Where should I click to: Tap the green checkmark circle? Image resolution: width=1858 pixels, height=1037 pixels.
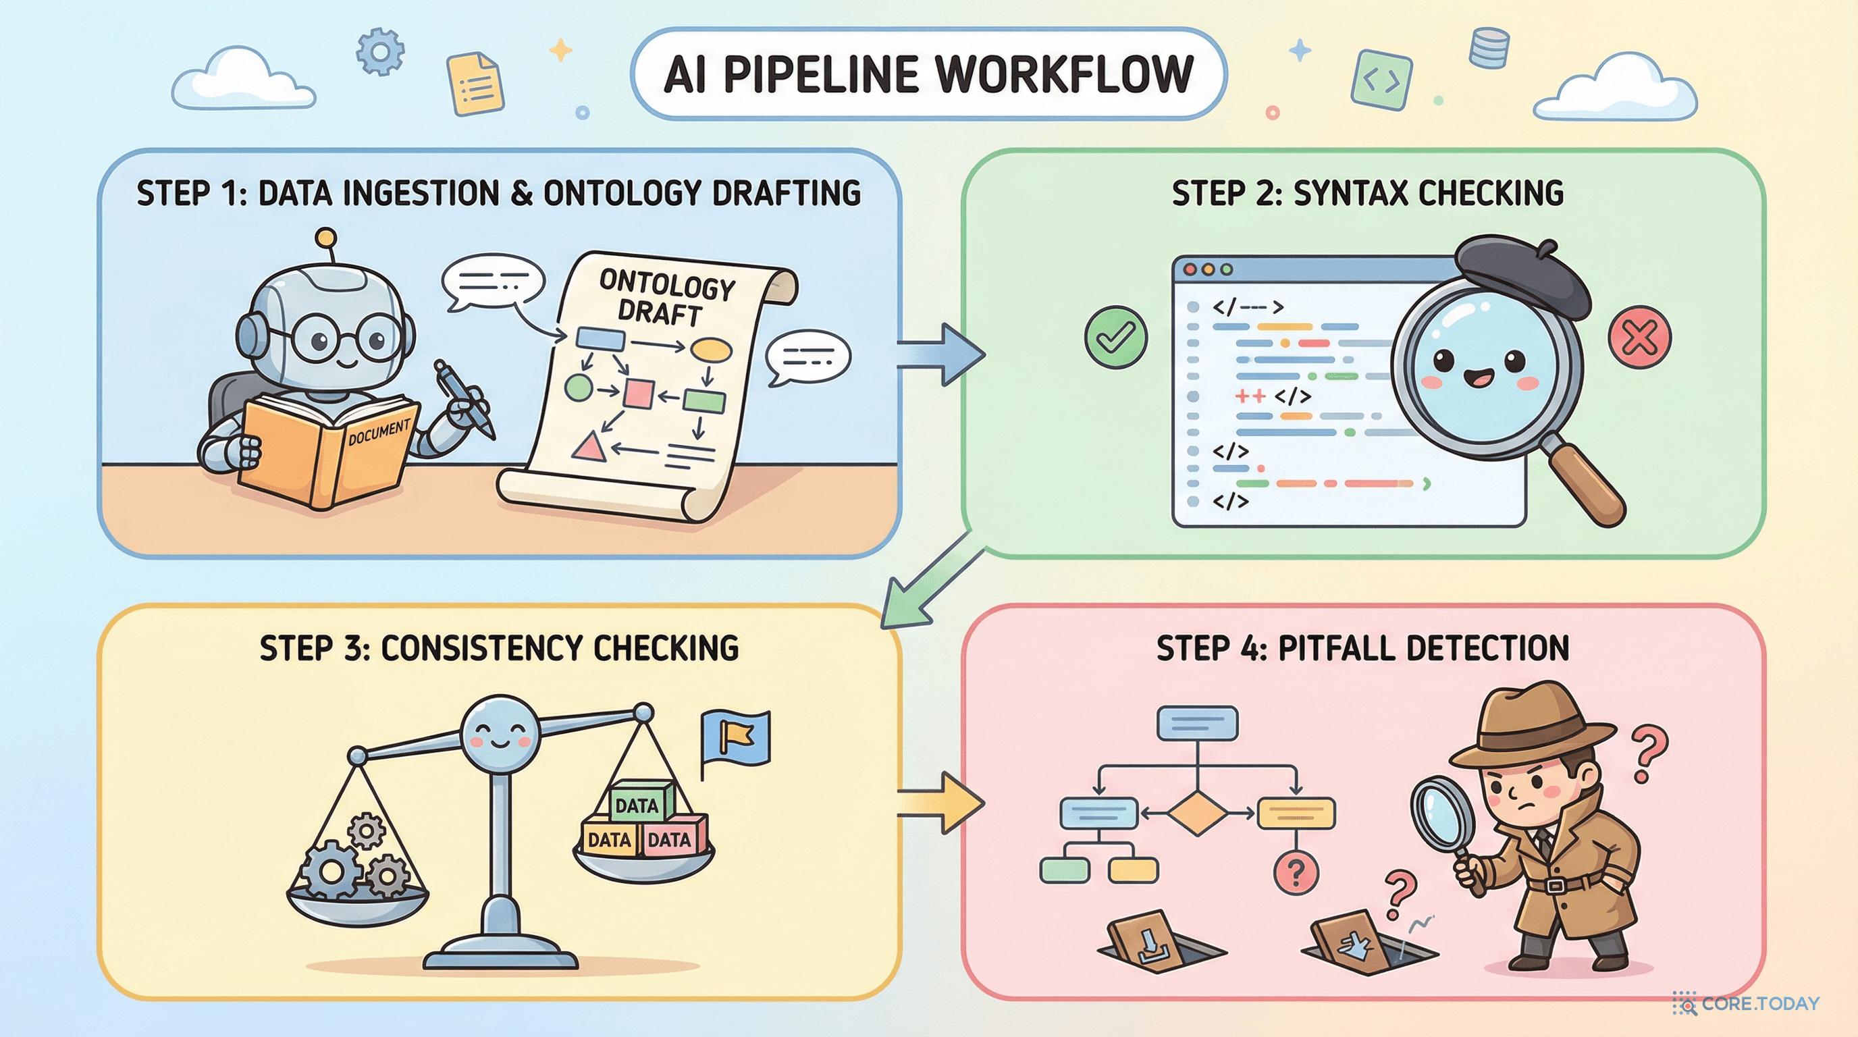1116,338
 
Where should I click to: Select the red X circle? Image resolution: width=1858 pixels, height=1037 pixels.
1639,338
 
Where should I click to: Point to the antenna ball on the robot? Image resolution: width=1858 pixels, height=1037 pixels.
326,237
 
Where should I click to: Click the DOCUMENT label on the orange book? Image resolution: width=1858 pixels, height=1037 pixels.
379,433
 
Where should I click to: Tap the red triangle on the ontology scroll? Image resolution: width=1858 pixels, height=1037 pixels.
589,447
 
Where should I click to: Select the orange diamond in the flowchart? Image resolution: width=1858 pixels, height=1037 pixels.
1196,813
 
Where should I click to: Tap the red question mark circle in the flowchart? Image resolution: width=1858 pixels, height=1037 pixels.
1296,874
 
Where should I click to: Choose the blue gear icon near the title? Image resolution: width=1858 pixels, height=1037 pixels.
380,51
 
